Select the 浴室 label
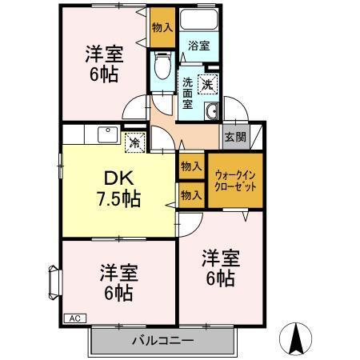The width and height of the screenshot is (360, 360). coord(198,46)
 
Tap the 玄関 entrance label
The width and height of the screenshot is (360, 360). coord(234,136)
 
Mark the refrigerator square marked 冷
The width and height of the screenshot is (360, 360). coord(135,144)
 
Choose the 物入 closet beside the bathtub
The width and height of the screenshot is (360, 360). coord(162,27)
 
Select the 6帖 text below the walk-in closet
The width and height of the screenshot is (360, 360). coord(220,280)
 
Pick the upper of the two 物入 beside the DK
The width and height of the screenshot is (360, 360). coord(190,166)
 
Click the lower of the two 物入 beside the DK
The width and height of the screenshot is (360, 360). coord(190,194)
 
